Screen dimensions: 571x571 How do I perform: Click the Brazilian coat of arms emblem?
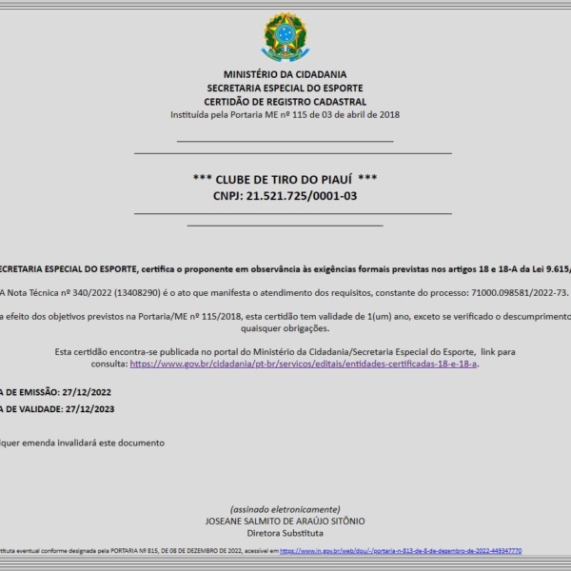[285, 37]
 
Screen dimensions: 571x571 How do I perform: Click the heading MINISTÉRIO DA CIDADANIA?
[285, 74]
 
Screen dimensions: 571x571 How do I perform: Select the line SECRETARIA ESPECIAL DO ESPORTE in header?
[285, 88]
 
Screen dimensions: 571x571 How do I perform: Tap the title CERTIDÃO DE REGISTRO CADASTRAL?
[285, 102]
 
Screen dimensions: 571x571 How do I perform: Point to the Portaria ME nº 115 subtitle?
[285, 115]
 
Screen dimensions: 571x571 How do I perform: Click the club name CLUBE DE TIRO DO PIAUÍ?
[285, 179]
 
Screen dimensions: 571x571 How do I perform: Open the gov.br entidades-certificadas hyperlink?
[304, 364]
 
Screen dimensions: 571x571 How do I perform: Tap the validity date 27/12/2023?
[93, 408]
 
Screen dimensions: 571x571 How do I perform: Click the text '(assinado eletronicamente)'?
[285, 509]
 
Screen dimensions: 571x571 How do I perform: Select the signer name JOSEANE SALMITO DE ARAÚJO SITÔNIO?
[285, 522]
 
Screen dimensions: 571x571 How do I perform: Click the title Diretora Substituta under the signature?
[285, 534]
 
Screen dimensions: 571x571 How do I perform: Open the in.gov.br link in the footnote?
[401, 551]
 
